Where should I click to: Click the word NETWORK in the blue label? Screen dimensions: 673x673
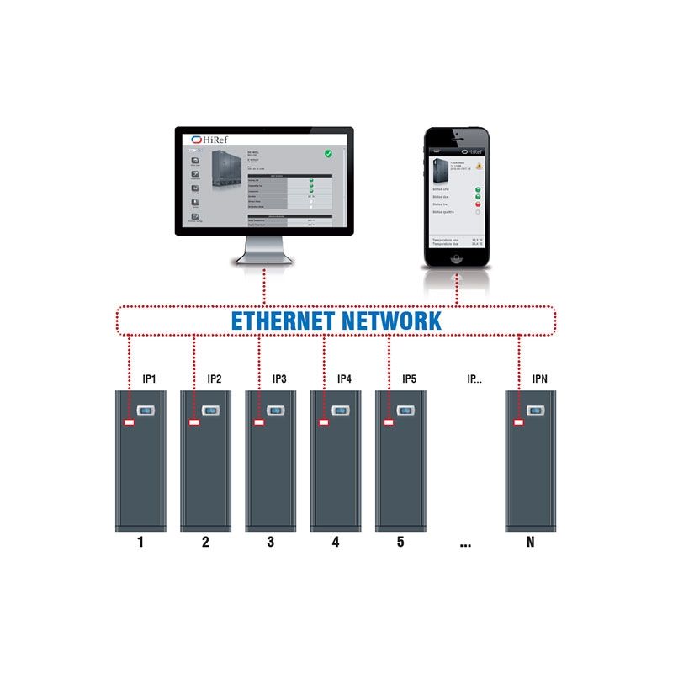pos(390,321)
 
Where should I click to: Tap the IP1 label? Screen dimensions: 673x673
pos(149,379)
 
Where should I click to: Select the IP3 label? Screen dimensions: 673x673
pos(278,379)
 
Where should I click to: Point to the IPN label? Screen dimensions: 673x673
pos(539,379)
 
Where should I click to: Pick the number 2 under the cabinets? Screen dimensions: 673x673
pos(205,543)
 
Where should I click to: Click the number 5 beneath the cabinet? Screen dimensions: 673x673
pos(400,543)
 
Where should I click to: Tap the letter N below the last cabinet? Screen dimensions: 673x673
pos(530,543)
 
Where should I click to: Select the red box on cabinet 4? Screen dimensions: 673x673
pos(324,421)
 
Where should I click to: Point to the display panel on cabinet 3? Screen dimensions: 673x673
pos(274,411)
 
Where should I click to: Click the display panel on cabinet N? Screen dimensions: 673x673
pos(534,412)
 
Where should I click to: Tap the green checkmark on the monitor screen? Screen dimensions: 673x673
pos(331,154)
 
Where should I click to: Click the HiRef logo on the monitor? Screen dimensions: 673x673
pos(207,139)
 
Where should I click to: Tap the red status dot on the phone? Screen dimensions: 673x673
pos(478,204)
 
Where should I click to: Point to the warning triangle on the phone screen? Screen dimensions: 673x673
pos(478,166)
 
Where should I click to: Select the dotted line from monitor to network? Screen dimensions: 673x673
pos(263,286)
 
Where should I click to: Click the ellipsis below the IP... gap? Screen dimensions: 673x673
pos(465,545)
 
